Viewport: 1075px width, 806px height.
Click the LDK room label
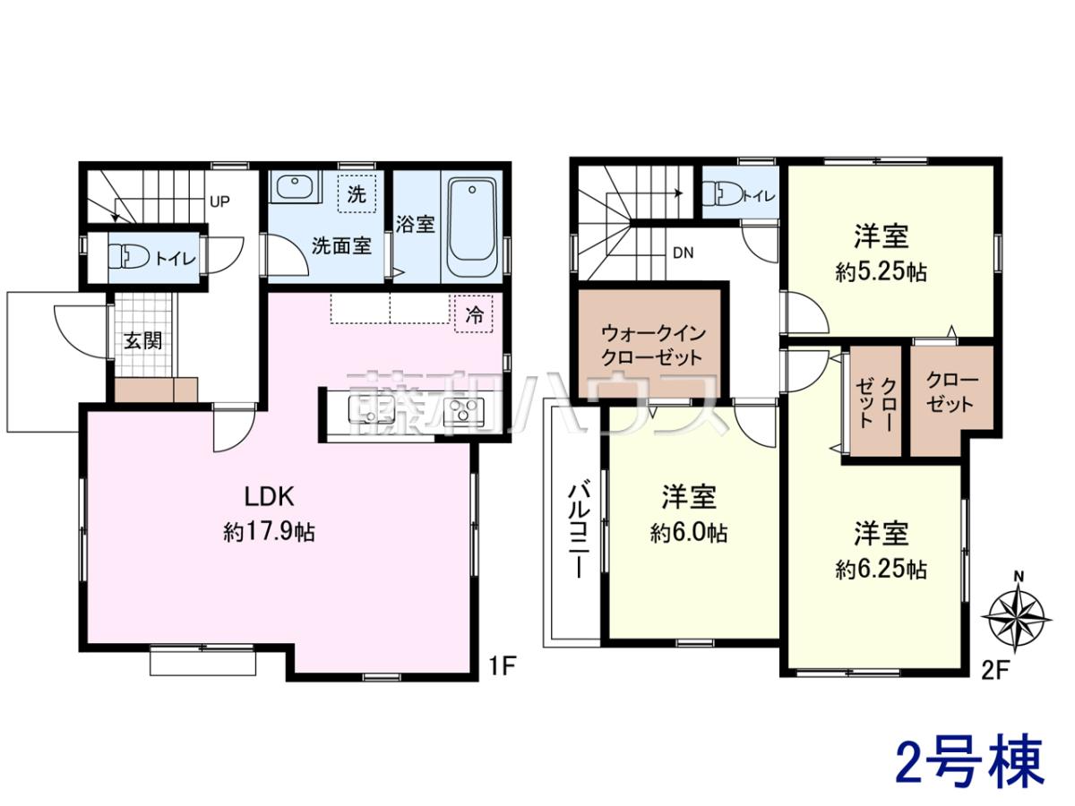click(270, 496)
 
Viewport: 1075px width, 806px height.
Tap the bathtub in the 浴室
click(472, 226)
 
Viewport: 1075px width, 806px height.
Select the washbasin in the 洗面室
click(295, 186)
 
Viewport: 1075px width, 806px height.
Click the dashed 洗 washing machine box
click(357, 194)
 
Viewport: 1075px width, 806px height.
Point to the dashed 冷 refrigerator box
click(474, 314)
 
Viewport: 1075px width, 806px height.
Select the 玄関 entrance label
click(143, 340)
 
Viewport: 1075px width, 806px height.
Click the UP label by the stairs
click(219, 201)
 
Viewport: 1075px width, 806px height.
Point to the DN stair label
click(684, 253)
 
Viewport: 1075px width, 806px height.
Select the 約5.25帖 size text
click(881, 272)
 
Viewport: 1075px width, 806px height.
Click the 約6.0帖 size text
click(689, 533)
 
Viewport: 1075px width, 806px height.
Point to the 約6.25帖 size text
click(881, 570)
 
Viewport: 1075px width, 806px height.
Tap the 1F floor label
click(503, 665)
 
